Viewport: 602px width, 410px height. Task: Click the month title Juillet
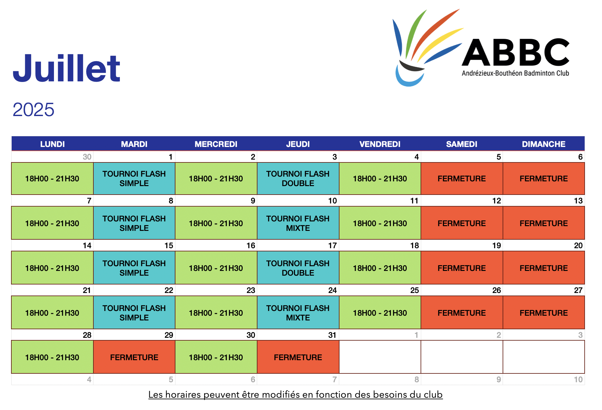point(67,68)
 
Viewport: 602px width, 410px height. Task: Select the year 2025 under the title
point(33,110)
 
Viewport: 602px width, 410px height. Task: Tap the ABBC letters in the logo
point(516,52)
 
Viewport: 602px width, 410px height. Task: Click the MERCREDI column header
point(216,144)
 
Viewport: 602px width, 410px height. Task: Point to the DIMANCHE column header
point(544,144)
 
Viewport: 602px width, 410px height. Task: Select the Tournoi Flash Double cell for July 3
point(298,179)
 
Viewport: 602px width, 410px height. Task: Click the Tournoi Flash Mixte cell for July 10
point(298,223)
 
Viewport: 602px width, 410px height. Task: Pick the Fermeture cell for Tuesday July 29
point(134,357)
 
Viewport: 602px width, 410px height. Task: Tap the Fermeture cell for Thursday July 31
point(298,357)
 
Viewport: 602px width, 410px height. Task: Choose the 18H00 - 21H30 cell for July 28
point(52,357)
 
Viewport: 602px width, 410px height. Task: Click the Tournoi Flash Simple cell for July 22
point(134,313)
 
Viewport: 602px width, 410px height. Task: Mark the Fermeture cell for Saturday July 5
point(462,179)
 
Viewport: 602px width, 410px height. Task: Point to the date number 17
point(333,246)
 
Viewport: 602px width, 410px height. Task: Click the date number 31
point(332,335)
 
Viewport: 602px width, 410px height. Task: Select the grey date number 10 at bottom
point(578,379)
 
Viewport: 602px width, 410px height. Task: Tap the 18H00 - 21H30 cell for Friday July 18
point(380,268)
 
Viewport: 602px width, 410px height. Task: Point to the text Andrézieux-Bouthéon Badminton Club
point(515,73)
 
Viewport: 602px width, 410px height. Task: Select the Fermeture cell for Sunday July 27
point(544,313)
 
